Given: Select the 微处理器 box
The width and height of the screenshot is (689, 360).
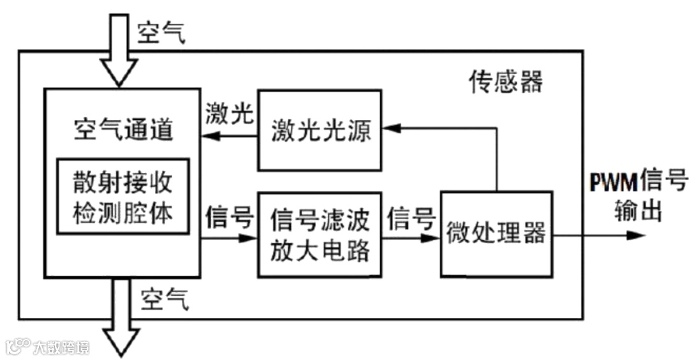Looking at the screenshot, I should coord(496,234).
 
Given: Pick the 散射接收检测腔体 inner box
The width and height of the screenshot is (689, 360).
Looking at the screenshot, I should coord(123,195).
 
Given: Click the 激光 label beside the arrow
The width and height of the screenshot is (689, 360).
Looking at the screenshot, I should coord(230,114).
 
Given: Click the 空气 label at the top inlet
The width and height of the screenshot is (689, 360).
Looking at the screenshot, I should coord(161,33).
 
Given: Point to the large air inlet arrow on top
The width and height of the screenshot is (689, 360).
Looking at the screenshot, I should coord(119,51).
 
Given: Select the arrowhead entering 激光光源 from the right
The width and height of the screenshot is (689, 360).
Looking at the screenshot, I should coord(391,128).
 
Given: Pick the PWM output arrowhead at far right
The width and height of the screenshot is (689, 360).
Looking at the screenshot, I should coord(634,235).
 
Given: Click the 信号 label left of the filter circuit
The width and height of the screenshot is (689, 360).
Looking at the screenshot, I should coord(230,218).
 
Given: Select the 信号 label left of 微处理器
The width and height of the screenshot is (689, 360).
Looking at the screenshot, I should coord(412,218).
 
